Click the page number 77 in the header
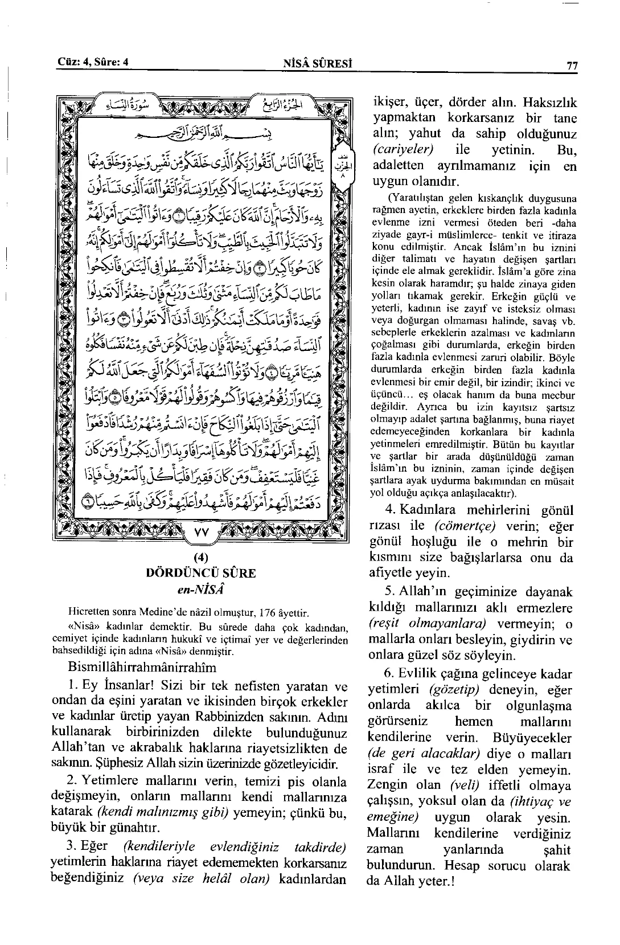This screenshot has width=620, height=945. (572, 67)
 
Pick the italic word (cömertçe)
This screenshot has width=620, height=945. (463, 526)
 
